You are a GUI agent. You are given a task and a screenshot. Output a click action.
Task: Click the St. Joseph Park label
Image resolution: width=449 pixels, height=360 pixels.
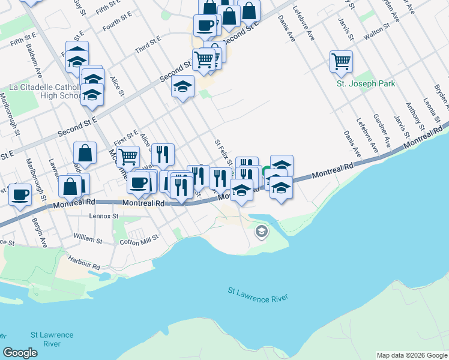pos(366,84)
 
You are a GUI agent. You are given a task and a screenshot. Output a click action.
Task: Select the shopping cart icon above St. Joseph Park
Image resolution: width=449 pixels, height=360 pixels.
pos(341,61)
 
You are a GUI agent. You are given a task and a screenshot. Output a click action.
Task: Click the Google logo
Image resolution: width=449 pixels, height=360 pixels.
pos(20,353)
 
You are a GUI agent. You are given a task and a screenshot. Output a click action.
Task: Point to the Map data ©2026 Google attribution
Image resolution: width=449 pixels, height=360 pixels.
pos(411,355)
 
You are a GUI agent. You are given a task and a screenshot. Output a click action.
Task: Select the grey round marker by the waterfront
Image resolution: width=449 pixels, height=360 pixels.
pos(261,231)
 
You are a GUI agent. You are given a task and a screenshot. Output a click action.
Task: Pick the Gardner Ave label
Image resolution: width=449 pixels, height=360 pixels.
pos(382,132)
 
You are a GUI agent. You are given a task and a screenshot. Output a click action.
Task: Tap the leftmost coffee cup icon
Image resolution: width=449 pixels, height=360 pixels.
pos(20,195)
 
